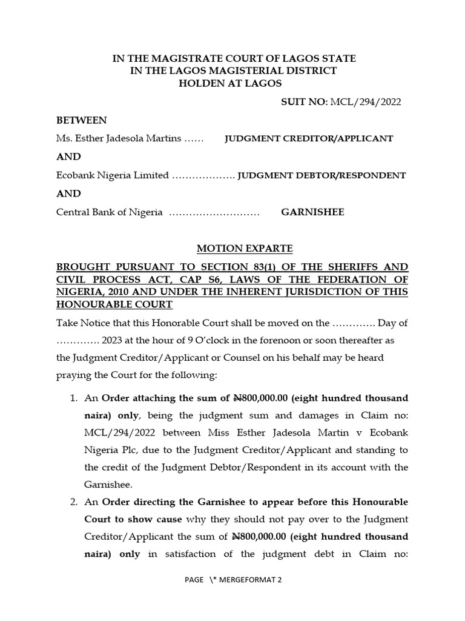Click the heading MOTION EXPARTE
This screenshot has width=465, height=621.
click(245, 249)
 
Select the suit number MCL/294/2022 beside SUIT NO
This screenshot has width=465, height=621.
click(365, 101)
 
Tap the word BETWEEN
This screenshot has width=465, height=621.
click(81, 120)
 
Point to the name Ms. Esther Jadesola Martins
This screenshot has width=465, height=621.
click(119, 138)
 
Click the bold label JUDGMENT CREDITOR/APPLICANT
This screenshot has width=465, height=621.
click(309, 138)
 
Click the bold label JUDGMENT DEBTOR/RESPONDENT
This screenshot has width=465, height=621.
click(322, 175)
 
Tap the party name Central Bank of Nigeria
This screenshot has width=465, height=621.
click(110, 212)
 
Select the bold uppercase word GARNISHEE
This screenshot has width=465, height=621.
click(312, 212)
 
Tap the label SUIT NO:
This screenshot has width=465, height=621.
click(304, 101)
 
